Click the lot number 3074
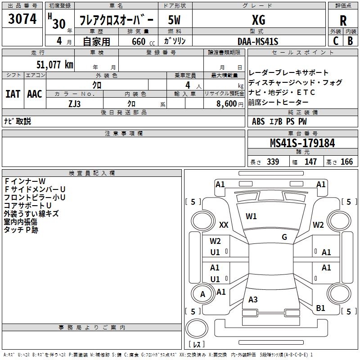click(22, 19)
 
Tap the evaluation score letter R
click(343, 20)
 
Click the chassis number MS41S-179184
click(302, 143)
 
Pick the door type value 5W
click(175, 20)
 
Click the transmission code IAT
click(13, 94)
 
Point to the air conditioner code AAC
click(35, 94)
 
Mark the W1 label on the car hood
click(251, 216)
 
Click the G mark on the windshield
click(284, 237)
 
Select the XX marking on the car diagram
click(224, 225)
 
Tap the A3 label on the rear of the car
click(253, 299)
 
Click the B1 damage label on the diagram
click(320, 308)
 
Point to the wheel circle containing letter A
click(203, 294)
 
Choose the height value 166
click(346, 162)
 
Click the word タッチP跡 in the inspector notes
click(21, 230)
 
